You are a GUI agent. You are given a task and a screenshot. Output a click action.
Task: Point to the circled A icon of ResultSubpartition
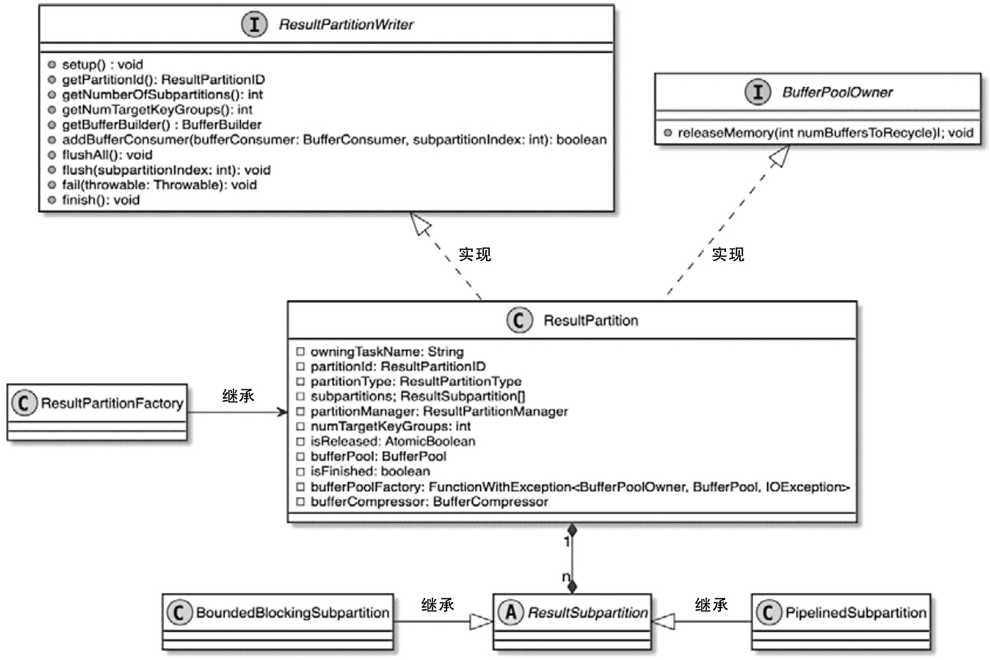coord(511,612)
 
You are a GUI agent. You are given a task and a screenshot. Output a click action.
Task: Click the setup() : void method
coord(91,63)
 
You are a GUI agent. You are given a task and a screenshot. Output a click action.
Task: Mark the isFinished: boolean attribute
coord(369,471)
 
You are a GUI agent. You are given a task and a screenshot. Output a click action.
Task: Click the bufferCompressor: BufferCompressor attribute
coord(428,500)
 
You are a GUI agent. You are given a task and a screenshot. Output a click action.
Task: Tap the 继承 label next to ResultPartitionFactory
coord(238,397)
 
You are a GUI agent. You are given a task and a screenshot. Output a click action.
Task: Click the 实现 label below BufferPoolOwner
coord(728,255)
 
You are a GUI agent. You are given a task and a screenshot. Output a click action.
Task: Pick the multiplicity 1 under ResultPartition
coord(566,542)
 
